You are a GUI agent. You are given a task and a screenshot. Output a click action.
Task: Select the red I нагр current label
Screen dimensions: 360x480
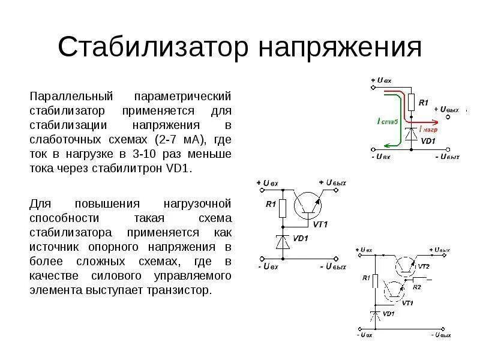point(428,129)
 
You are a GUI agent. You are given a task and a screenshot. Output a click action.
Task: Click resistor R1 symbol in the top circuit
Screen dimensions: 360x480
point(412,103)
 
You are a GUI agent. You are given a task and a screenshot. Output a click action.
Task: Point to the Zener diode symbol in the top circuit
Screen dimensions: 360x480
point(412,134)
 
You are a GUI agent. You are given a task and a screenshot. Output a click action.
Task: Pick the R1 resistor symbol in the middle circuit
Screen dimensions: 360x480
point(283,208)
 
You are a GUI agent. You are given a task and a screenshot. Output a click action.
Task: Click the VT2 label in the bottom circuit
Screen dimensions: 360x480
point(424,266)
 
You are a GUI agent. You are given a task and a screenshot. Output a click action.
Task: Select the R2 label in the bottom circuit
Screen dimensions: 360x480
point(417,287)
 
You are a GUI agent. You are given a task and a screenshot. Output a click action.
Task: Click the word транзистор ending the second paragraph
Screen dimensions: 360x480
point(179,290)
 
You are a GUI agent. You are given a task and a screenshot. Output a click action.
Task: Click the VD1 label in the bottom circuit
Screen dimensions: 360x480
point(388,314)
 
